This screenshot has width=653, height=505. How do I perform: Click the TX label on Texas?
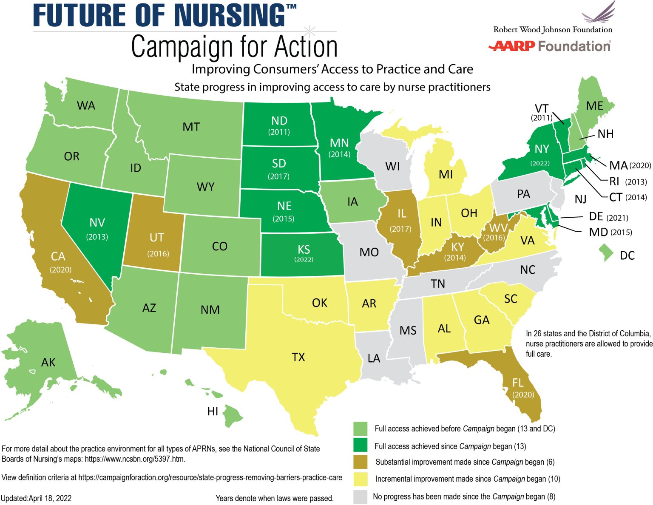point(298,357)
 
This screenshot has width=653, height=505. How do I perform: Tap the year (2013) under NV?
point(97,236)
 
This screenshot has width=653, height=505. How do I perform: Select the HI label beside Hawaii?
point(213,411)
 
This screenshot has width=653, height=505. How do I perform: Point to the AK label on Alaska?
point(48,362)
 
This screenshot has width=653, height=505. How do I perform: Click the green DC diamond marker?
point(606,252)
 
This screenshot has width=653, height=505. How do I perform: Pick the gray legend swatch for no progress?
point(360,496)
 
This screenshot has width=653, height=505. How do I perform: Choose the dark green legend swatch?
point(360,445)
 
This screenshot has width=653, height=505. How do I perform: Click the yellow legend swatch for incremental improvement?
point(360,479)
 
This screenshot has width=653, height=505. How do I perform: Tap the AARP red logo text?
point(511,46)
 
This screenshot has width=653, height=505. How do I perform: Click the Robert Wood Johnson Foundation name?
point(553,30)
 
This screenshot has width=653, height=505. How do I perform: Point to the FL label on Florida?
point(518,383)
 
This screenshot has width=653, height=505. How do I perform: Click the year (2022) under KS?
point(304,259)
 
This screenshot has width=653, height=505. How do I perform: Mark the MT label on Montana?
point(191,127)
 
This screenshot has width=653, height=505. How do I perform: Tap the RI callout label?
point(614,182)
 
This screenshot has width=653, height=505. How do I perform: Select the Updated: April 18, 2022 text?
point(36,498)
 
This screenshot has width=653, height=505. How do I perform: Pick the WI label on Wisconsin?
point(392,166)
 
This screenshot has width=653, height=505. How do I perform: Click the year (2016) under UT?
point(158,254)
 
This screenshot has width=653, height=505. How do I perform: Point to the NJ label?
point(580,199)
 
